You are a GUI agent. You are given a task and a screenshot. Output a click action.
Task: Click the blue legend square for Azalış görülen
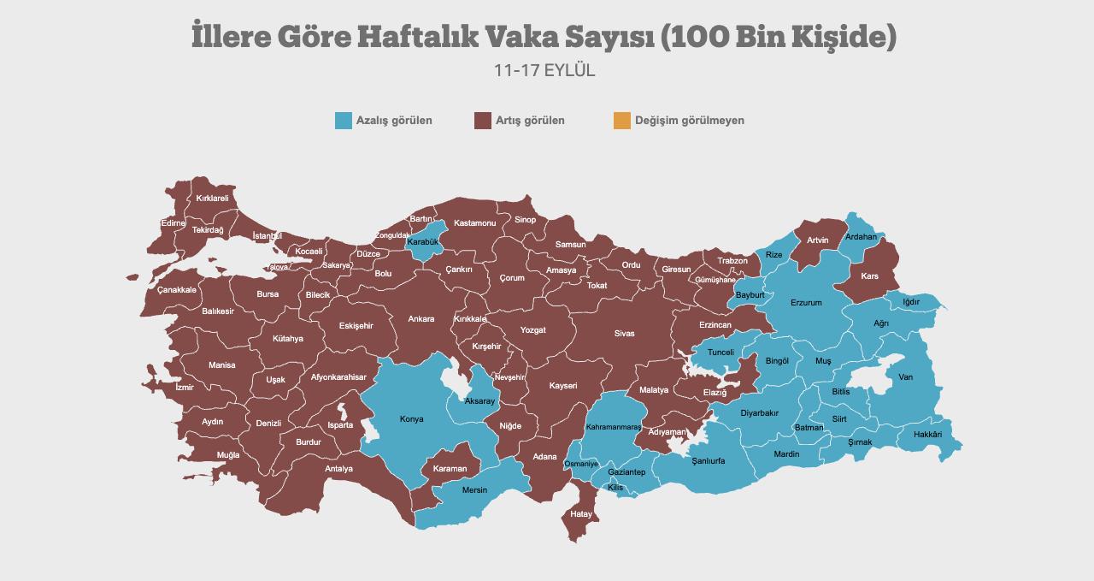coord(344,121)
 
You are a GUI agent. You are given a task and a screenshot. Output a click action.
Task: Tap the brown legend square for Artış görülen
coord(483,121)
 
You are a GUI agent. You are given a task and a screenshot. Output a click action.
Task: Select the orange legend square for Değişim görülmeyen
coord(621,121)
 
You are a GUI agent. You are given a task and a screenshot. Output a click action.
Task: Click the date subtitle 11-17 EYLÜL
coord(544,71)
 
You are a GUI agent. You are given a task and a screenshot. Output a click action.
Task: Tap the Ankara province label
coord(421,319)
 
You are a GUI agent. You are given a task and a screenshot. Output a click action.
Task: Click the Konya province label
coord(411,419)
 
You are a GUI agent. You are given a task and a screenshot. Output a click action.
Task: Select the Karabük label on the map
coord(422,242)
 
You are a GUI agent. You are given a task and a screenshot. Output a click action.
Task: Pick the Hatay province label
coord(581,514)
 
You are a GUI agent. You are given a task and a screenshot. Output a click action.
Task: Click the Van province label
coord(905,377)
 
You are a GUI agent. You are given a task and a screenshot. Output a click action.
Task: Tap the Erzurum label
coord(806,303)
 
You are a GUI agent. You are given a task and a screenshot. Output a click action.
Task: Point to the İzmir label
coord(184,388)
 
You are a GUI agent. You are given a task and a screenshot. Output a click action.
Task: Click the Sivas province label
coord(624,334)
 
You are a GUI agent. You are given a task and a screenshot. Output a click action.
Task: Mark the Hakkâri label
coord(927,435)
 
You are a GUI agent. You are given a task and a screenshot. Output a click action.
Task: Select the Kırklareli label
coord(212,199)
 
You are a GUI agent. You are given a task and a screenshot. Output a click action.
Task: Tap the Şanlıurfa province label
coord(708,460)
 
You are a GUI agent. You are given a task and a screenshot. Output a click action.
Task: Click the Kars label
coord(869,276)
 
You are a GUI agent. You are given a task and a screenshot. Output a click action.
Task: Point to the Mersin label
coord(474,490)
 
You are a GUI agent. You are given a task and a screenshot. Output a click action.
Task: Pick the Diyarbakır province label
coord(759,413)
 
